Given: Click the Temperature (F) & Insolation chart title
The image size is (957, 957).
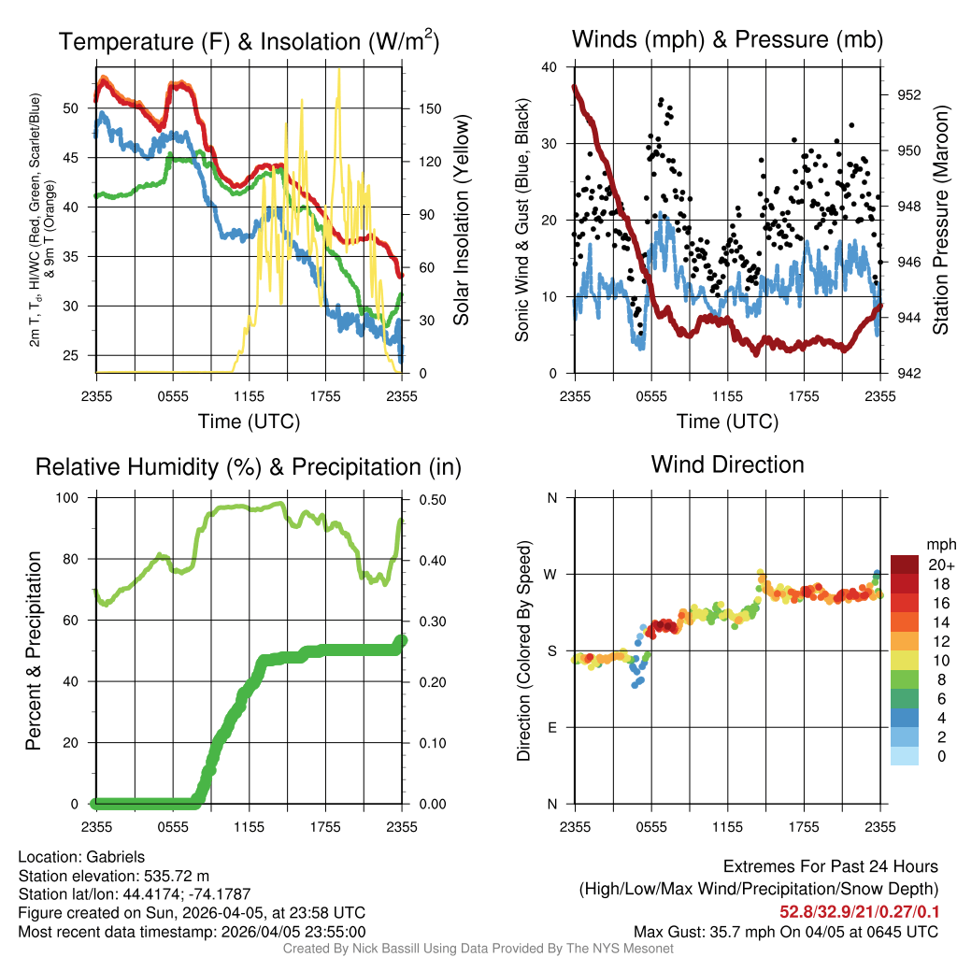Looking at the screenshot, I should [x=249, y=42].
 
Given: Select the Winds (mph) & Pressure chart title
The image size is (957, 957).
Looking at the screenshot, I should [x=727, y=39].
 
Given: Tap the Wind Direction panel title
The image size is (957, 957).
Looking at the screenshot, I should [x=727, y=464].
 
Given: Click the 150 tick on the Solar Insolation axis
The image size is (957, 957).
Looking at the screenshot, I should [x=430, y=108].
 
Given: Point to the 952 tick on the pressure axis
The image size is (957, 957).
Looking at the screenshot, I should [x=908, y=95].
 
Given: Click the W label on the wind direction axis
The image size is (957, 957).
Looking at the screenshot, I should [x=552, y=575].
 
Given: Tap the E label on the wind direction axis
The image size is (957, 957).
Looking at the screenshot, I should [x=552, y=728].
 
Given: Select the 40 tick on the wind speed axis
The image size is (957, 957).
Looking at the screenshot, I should [x=550, y=67].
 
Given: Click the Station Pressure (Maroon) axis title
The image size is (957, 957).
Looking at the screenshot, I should [x=940, y=220].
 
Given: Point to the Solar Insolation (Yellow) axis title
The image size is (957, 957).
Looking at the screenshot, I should [x=461, y=220].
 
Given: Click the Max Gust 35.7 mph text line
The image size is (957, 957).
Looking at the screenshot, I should [x=785, y=931].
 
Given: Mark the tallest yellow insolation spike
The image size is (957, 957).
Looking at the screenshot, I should [x=338, y=70].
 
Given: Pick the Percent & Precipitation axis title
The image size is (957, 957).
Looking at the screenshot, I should [x=33, y=650].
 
